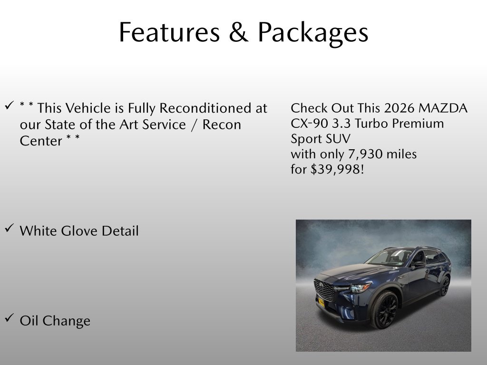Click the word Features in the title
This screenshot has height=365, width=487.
tap(169, 32)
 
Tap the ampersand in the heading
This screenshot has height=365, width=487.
tap(239, 32)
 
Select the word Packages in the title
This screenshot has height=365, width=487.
tap(313, 34)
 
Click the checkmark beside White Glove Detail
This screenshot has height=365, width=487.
tap(10, 228)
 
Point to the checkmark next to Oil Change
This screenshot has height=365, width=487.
tap(10, 318)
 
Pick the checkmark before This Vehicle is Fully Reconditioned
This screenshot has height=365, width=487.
tap(10, 105)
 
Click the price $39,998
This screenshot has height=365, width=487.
tap(337, 170)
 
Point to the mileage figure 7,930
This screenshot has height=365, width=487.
tap(365, 154)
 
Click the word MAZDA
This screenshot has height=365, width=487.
tap(443, 108)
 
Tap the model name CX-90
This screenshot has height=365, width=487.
tap(309, 124)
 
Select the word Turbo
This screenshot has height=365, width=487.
tap(371, 124)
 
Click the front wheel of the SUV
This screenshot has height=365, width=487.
tap(384, 310)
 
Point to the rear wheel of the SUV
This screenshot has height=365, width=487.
tap(445, 286)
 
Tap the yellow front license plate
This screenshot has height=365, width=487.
tap(321, 302)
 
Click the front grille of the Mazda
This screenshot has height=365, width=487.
tap(324, 289)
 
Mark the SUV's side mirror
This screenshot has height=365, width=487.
tap(419, 264)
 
